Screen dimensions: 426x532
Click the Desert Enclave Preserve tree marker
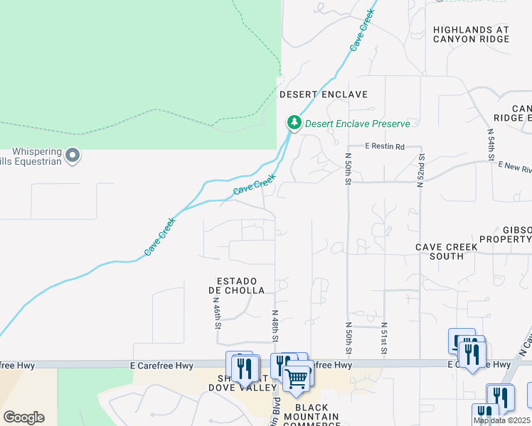(294, 123)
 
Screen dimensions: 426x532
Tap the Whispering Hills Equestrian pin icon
(72, 155)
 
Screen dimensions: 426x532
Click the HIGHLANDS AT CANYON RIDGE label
(471, 34)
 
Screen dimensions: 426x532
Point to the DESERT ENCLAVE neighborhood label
(323, 94)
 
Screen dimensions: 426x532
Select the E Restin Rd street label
(385, 146)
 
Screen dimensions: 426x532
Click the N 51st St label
(383, 337)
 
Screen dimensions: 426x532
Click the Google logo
(23, 417)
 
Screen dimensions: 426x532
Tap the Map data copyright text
(501, 420)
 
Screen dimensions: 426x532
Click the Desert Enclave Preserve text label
(358, 124)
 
